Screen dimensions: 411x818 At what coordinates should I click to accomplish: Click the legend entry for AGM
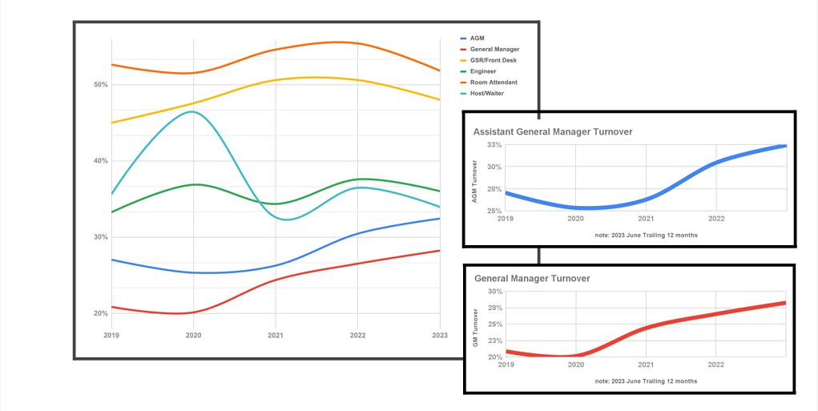[478, 38]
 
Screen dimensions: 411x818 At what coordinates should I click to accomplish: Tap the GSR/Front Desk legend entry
[493, 60]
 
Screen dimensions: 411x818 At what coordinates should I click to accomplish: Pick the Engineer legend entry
[483, 71]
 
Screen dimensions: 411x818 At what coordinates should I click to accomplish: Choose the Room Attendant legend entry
[493, 83]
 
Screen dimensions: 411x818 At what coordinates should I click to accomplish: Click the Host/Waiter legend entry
[487, 94]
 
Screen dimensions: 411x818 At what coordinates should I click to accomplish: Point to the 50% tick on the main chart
[100, 84]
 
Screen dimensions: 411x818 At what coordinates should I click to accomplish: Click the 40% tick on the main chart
[100, 160]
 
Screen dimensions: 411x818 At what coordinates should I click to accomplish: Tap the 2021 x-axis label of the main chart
[275, 335]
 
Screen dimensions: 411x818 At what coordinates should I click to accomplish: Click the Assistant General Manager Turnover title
[554, 131]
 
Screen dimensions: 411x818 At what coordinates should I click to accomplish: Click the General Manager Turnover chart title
[532, 279]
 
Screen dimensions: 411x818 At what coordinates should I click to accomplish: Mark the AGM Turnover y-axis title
[475, 181]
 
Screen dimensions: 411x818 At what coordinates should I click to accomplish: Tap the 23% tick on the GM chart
[494, 340]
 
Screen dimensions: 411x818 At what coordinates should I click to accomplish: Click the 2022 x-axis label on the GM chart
[715, 365]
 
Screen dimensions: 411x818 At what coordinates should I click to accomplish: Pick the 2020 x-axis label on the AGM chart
[575, 218]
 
